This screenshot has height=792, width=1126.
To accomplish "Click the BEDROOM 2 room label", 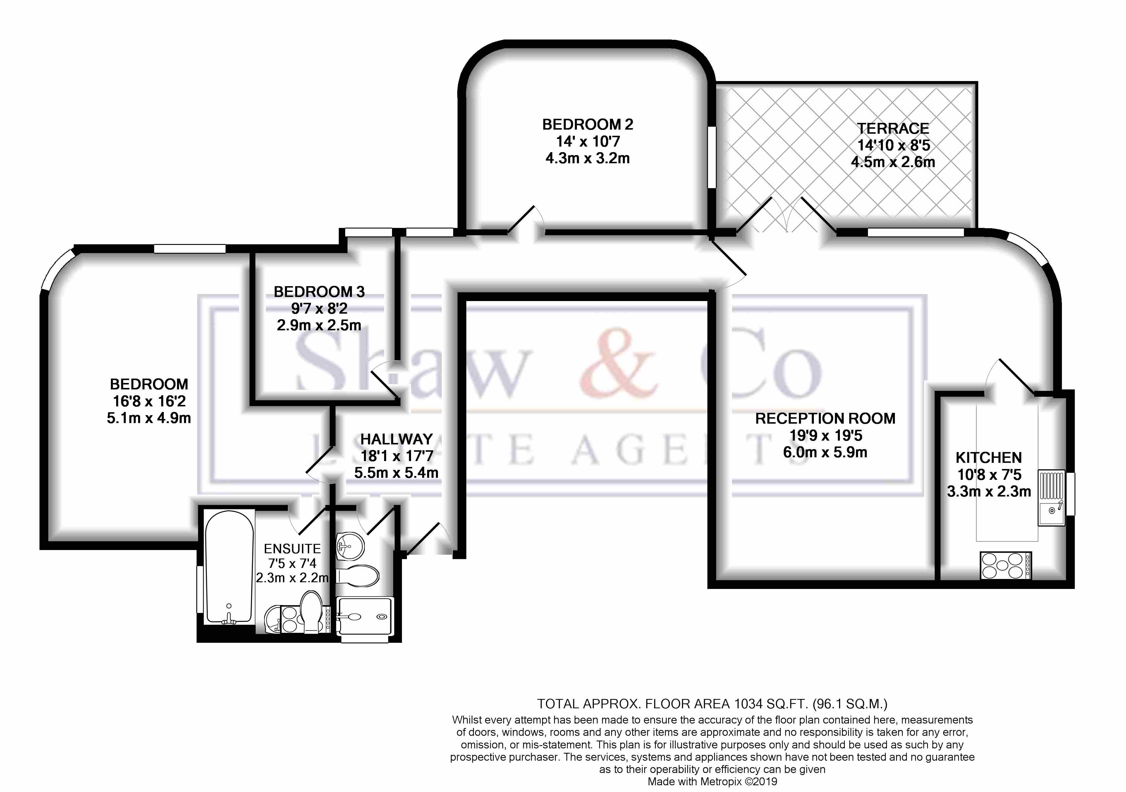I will [x=587, y=125].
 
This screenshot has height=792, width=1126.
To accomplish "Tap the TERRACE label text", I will [x=893, y=128].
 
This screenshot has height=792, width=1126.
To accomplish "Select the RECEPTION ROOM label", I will [x=825, y=418].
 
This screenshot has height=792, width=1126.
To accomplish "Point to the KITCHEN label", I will [x=988, y=458].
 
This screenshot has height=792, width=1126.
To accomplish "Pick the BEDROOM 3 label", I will [x=319, y=292].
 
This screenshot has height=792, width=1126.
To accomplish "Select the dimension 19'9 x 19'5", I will [x=825, y=435].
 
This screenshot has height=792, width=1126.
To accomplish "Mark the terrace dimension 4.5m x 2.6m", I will [x=893, y=162].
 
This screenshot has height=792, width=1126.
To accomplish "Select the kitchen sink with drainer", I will [x=1051, y=497].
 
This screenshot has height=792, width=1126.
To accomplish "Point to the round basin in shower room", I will [x=350, y=545].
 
